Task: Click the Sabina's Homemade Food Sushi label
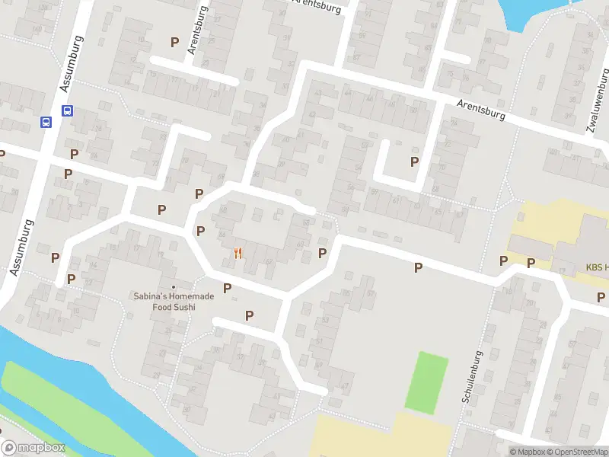[x=173, y=302]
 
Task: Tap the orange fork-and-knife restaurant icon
[x=238, y=254]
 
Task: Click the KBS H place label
[x=596, y=267]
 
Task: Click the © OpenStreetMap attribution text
[x=582, y=452]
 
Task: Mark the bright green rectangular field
[x=426, y=382]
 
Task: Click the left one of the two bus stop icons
[x=46, y=122]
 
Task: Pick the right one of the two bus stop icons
[x=67, y=110]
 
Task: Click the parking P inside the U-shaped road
[x=414, y=161]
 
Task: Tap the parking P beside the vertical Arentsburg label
[x=175, y=43]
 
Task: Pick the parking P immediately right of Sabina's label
[x=227, y=288]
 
